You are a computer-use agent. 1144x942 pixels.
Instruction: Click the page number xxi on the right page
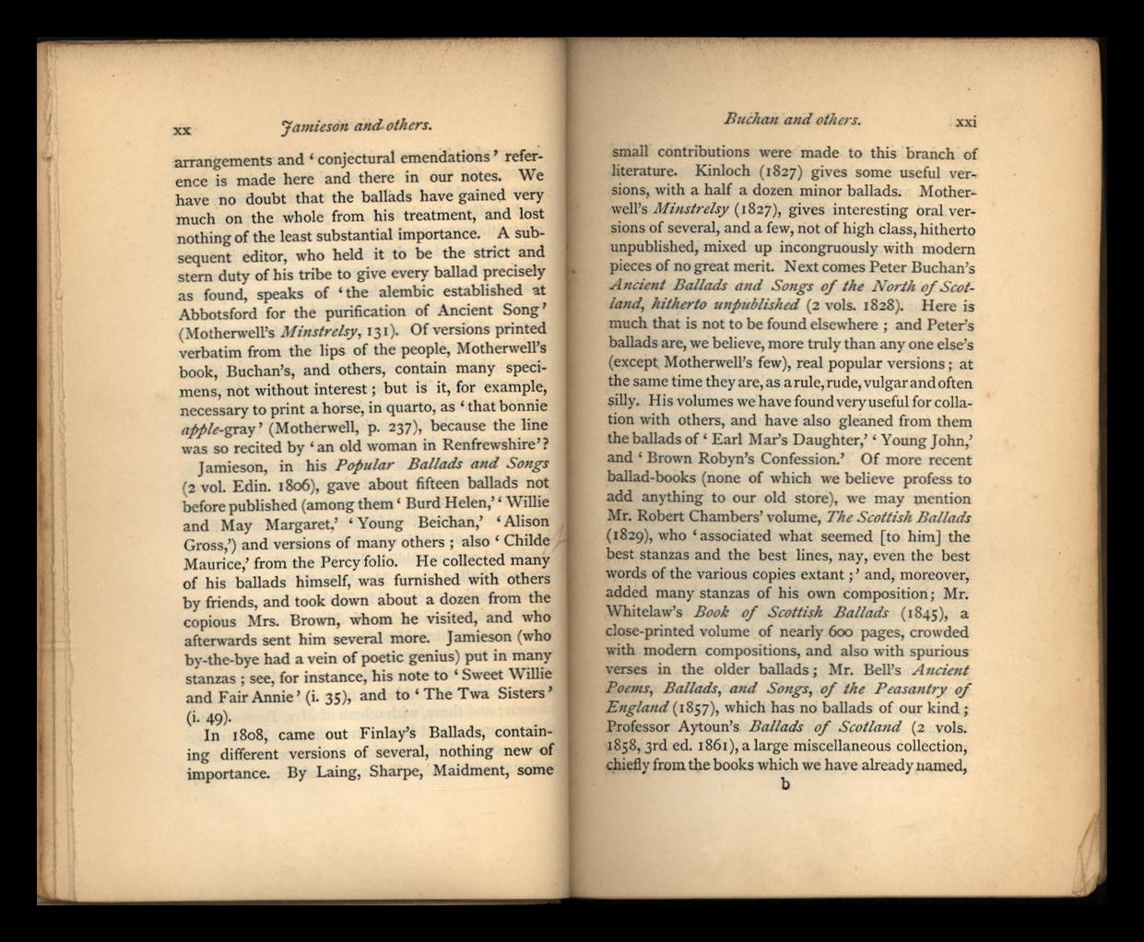tap(965, 121)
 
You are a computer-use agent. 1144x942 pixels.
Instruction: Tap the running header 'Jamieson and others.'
tap(357, 124)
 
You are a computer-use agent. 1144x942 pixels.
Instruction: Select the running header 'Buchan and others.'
tap(792, 119)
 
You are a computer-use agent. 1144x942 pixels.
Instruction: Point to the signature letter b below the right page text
tap(785, 784)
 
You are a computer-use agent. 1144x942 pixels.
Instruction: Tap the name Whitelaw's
tap(644, 612)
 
